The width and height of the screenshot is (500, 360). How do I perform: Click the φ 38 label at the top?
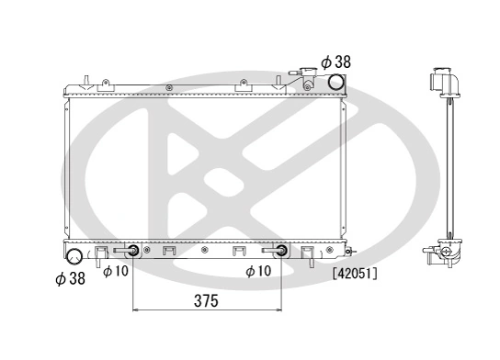335,62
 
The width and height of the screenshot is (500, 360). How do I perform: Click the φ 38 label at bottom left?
70,277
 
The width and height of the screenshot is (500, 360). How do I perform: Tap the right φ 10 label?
260,270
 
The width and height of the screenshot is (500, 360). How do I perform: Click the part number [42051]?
356,272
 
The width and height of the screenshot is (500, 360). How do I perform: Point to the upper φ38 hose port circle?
336,84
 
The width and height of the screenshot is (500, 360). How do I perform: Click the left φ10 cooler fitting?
133,251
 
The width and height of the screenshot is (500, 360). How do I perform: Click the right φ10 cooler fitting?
279,251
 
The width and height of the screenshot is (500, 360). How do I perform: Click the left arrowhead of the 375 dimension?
138,310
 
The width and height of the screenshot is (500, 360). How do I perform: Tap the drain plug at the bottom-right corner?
347,249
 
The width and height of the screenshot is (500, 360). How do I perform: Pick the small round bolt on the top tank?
170,86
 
